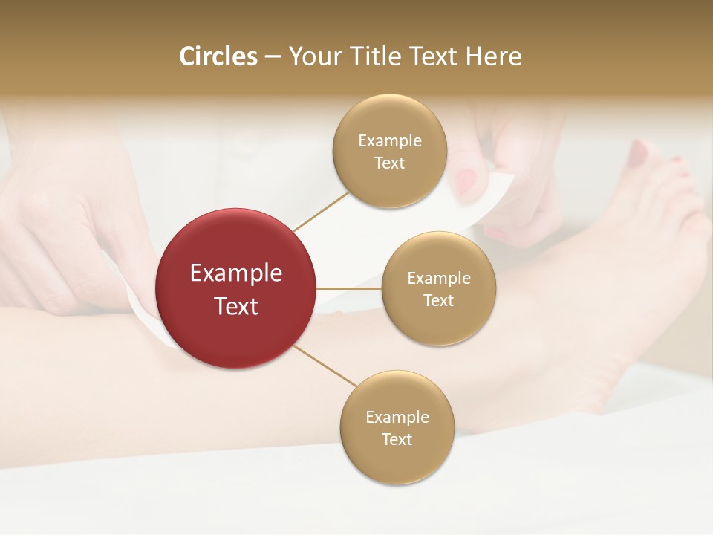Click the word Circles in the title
pos(218,56)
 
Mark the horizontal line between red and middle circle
pos(349,288)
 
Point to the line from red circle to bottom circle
pos(325,366)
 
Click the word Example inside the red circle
pos(235,273)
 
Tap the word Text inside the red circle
pos(235,306)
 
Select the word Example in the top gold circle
pos(389,141)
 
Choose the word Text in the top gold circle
pos(389,163)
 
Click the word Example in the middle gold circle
pos(438,279)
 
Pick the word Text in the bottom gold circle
pos(397,440)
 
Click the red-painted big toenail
pos(637,154)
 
